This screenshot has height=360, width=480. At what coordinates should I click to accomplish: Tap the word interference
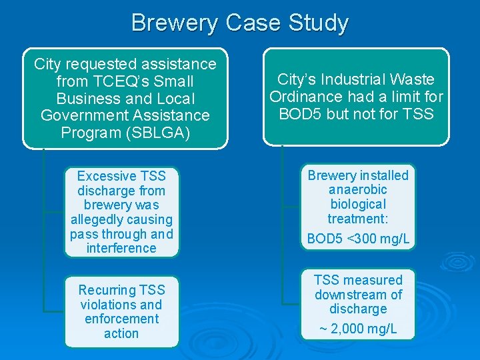pos(121,248)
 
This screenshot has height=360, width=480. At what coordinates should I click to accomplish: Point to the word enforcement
pos(121,319)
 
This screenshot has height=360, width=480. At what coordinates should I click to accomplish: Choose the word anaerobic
pos(358,190)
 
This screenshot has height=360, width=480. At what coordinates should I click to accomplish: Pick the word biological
pos(358,204)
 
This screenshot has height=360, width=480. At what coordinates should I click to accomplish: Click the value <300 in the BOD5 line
pos(359,239)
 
